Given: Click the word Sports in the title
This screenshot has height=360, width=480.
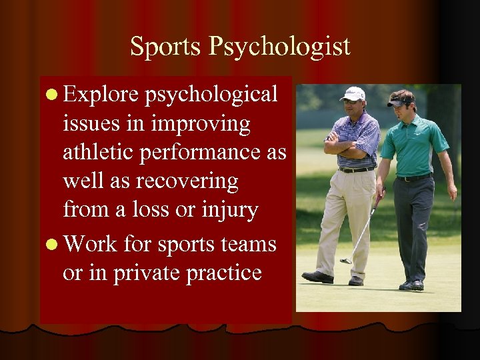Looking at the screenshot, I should pos(165,47).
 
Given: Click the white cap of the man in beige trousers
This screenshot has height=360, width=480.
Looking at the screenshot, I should pos(353,93).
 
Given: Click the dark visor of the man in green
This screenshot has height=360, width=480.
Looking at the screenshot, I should pos(400,102).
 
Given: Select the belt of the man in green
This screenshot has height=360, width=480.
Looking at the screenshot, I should pos(414,177).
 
